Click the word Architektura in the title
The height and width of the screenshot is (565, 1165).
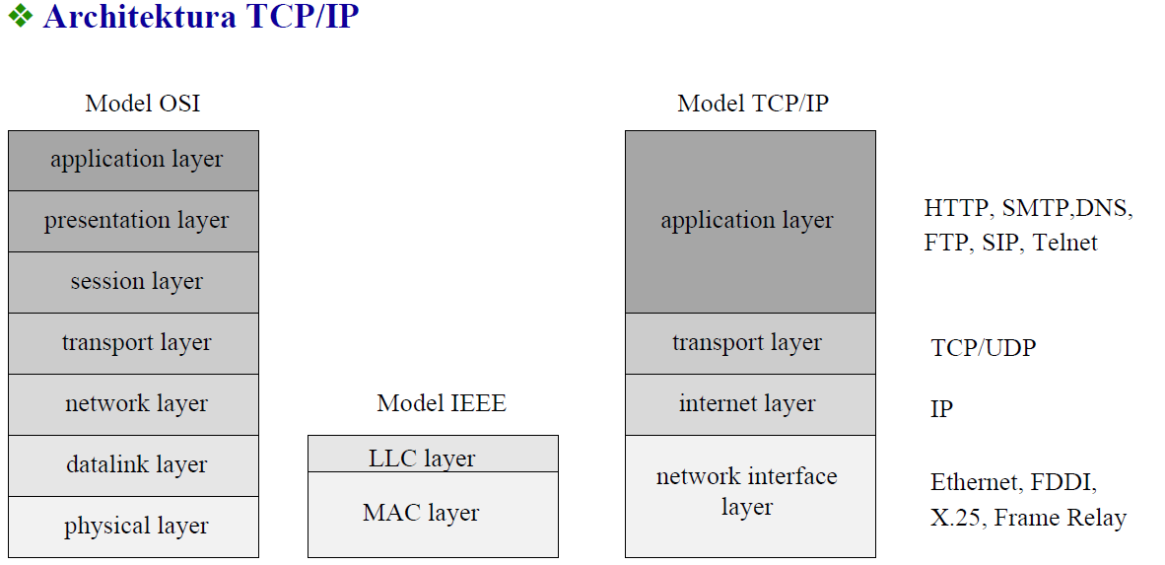pos(140,17)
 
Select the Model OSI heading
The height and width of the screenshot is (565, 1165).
pos(143,104)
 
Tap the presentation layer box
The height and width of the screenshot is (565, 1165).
pos(134,222)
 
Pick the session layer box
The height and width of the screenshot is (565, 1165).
pos(134,282)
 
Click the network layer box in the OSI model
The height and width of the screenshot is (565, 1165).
pos(134,404)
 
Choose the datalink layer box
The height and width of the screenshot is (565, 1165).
pos(134,465)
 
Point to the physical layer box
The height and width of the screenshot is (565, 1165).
pos(134,527)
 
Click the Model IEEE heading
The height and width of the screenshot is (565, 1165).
pos(442,403)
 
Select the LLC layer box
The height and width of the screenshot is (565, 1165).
pos(433,454)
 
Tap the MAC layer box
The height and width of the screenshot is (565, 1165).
pos(433,515)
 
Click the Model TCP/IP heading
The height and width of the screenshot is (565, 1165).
pos(753,104)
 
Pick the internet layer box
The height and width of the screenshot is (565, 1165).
pos(750,404)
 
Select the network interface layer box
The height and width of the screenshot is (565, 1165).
pos(750,496)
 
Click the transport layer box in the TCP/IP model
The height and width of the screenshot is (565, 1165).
pos(750,343)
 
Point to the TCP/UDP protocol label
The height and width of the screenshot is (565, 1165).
pos(983,348)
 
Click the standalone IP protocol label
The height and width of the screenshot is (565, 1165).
pos(941,409)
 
